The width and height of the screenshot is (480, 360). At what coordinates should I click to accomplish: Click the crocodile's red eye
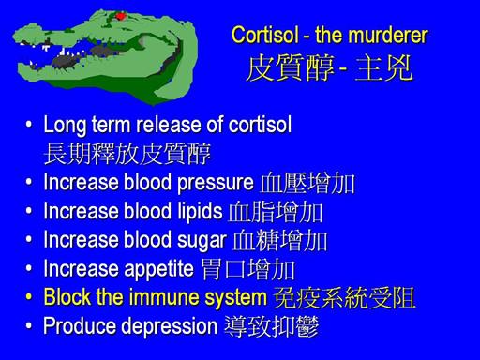point(120,15)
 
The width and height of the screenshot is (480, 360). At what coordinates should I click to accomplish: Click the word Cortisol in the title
point(265,35)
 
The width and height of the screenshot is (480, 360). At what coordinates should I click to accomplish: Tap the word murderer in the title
point(388,35)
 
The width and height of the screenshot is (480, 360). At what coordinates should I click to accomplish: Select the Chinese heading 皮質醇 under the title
point(291,67)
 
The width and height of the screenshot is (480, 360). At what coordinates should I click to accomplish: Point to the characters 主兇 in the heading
point(383,67)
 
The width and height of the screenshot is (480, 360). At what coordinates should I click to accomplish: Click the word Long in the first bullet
point(65,126)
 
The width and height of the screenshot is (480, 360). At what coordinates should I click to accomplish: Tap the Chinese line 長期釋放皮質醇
point(127,154)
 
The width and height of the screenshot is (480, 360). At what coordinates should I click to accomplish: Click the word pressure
point(216,183)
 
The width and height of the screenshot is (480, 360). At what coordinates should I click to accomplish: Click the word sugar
point(202,241)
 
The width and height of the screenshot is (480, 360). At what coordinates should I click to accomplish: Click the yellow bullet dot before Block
point(29,296)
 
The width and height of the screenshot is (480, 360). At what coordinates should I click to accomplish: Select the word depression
point(170,326)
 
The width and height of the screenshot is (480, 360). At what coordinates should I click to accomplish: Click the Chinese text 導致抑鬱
point(272,326)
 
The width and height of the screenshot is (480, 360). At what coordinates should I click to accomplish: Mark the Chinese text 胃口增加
point(248,269)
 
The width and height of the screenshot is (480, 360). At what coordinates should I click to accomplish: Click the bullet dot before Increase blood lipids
point(29,210)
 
